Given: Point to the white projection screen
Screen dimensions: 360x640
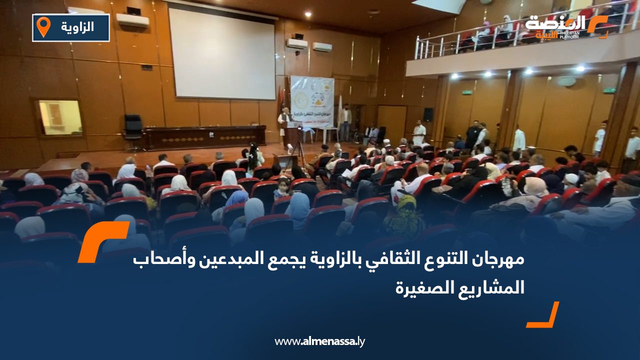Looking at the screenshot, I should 221,53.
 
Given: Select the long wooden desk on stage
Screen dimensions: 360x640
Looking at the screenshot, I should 205,137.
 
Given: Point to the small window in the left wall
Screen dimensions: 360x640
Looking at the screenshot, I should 60,117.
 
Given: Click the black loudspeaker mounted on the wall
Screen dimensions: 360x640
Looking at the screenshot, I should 428,114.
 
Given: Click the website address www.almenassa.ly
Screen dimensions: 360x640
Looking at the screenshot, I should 320,341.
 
